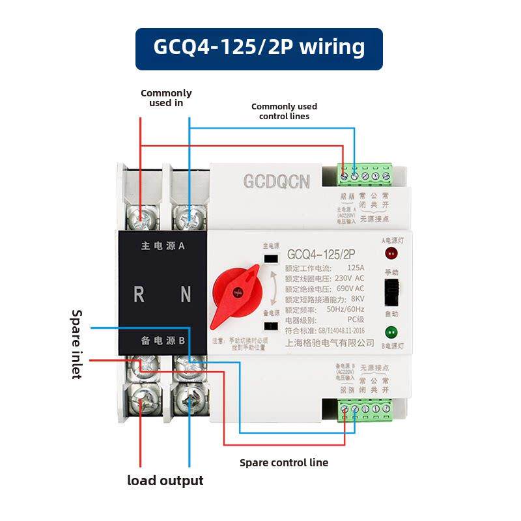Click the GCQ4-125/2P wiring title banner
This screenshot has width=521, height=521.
click(x=259, y=48)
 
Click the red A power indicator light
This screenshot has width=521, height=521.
click(x=391, y=253)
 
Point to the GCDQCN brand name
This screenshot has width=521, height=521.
click(x=277, y=182)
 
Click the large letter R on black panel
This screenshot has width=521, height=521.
click(x=139, y=294)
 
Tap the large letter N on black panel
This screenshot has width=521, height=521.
click(x=186, y=294)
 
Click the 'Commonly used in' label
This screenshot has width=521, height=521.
click(x=166, y=98)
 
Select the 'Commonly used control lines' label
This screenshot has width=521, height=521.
click(x=284, y=111)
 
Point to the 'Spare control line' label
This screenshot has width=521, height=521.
click(x=283, y=463)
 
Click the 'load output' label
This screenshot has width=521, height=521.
click(x=165, y=481)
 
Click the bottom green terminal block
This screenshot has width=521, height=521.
click(x=365, y=409)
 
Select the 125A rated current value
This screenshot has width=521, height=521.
click(x=356, y=268)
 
